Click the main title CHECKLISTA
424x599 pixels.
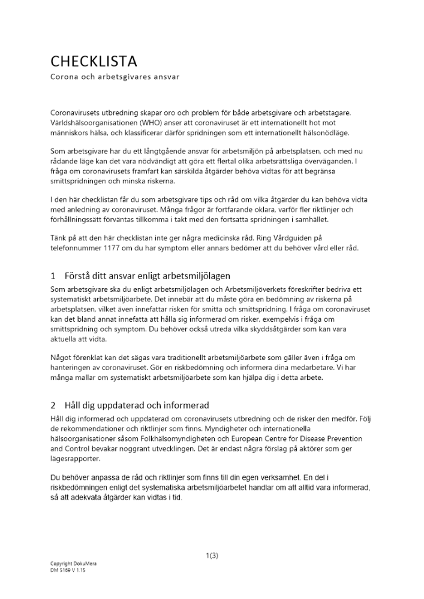94,61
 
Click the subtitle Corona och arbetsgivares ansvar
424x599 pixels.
115,77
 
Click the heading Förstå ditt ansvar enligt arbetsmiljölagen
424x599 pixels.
148,276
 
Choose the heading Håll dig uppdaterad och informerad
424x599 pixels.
137,406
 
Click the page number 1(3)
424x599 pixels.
212,555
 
